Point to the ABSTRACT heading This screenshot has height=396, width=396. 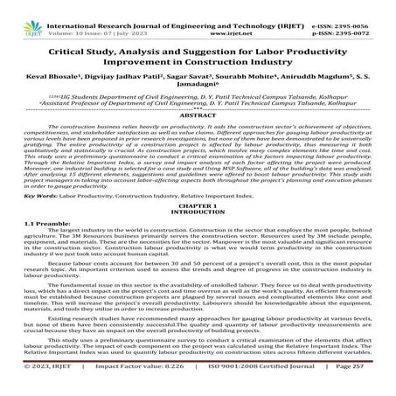coord(198,115)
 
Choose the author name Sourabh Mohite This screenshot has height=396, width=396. coord(254,76)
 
